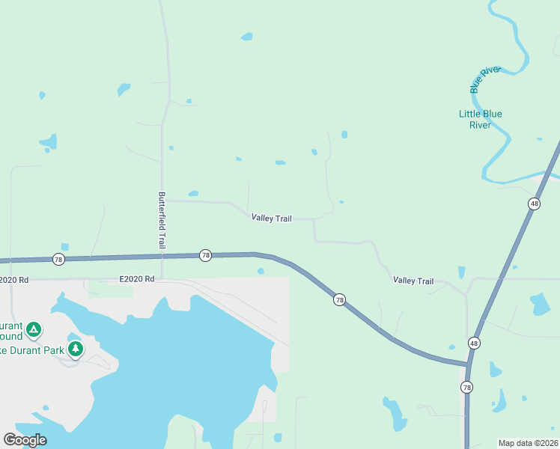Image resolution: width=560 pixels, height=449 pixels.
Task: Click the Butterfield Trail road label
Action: pyautogui.click(x=161, y=220)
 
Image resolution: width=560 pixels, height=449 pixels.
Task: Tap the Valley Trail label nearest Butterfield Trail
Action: pyautogui.click(x=272, y=218)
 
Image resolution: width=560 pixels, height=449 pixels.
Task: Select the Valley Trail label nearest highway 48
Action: pyautogui.click(x=413, y=281)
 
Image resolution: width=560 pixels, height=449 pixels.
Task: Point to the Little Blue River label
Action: pyautogui.click(x=480, y=120)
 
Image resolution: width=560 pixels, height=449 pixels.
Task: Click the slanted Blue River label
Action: pyautogui.click(x=484, y=79)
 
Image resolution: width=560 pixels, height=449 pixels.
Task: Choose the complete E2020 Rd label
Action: pyautogui.click(x=136, y=279)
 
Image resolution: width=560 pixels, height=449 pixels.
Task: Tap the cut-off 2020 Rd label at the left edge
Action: pyautogui.click(x=14, y=280)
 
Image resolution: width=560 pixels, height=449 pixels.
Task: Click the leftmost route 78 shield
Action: pyautogui.click(x=58, y=259)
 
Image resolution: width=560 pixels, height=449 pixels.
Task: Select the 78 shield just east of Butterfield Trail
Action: pyautogui.click(x=205, y=255)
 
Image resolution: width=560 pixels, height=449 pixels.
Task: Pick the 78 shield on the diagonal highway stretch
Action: pyautogui.click(x=339, y=299)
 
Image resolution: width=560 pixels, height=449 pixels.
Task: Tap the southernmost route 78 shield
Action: pyautogui.click(x=467, y=387)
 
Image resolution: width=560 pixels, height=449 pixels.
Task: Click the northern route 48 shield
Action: pyautogui.click(x=534, y=204)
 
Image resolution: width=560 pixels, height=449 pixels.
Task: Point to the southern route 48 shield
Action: pyautogui.click(x=474, y=343)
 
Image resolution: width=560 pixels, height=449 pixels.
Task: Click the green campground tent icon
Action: pyautogui.click(x=33, y=329)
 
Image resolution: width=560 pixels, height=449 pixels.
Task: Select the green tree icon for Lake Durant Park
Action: pyautogui.click(x=75, y=349)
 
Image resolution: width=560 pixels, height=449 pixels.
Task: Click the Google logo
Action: pyautogui.click(x=25, y=440)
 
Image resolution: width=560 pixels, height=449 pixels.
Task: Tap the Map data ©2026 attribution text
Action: pyautogui.click(x=528, y=443)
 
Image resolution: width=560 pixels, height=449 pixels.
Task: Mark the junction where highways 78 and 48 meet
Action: pyautogui.click(x=469, y=364)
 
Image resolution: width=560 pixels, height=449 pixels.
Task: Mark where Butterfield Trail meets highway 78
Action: pyautogui.click(x=162, y=256)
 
